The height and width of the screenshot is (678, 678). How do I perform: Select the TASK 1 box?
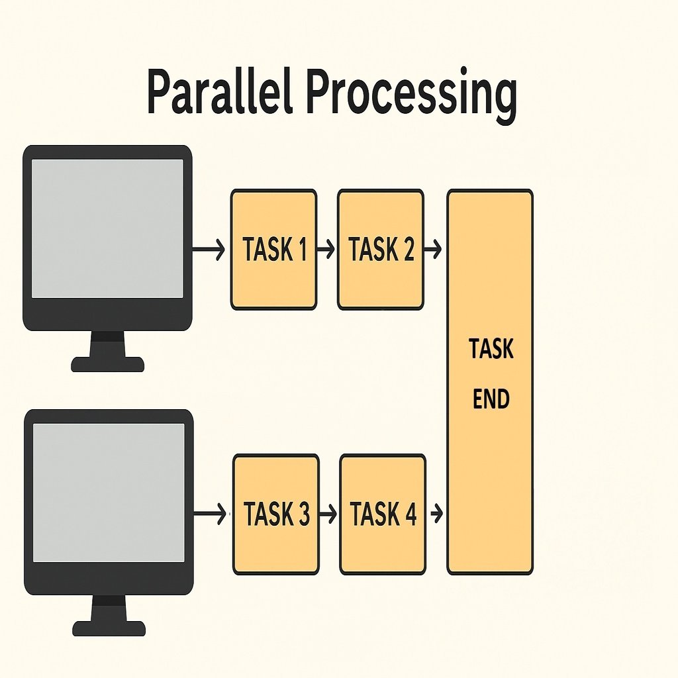pyautogui.click(x=273, y=250)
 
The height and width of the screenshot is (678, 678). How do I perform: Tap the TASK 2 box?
pyautogui.click(x=380, y=250)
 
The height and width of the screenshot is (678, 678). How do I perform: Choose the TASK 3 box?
pyautogui.click(x=275, y=514)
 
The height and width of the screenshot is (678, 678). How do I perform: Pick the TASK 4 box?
pyautogui.click(x=383, y=514)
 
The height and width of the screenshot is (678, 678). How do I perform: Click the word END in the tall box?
pyautogui.click(x=491, y=400)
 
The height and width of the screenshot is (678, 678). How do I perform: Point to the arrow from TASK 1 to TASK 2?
pyautogui.click(x=326, y=250)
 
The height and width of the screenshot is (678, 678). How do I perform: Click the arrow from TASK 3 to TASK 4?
pyautogui.click(x=328, y=514)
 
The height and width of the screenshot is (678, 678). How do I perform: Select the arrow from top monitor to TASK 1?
pyautogui.click(x=209, y=250)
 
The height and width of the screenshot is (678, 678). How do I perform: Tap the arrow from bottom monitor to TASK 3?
pyautogui.click(x=211, y=514)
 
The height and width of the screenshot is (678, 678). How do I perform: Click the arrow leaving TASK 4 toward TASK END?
pyautogui.click(x=436, y=514)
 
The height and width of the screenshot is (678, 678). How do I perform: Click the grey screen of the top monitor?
pyautogui.click(x=107, y=228)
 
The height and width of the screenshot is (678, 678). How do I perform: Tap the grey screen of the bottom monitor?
pyautogui.click(x=109, y=493)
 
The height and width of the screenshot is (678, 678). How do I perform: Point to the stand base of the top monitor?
pyautogui.click(x=107, y=364)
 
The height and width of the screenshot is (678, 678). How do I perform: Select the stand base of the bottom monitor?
pyautogui.click(x=109, y=628)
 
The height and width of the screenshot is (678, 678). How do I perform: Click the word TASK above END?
pyautogui.click(x=491, y=349)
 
